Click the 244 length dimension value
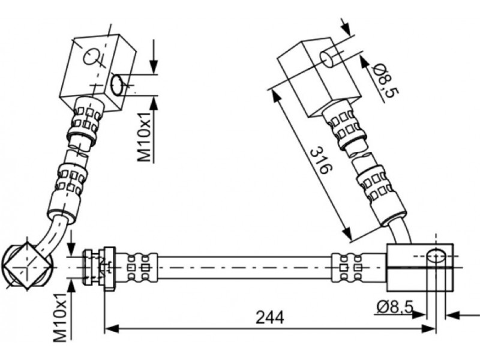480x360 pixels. [x=269, y=317]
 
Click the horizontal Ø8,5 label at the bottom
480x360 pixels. [x=395, y=307]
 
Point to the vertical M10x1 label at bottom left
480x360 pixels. [x=60, y=317]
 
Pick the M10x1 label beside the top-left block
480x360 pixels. [x=144, y=137]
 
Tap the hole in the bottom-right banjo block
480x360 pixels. [x=436, y=256]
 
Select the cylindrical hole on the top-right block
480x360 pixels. [x=327, y=59]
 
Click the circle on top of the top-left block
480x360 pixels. [x=91, y=56]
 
